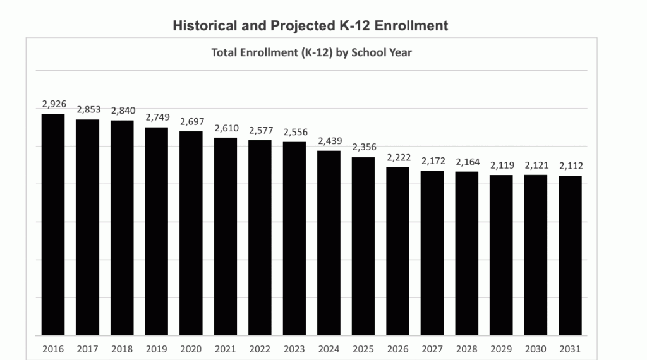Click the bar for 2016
point(53,224)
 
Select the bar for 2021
point(226,236)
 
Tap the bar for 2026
point(398,251)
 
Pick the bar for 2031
point(571,255)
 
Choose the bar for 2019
point(157,231)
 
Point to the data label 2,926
point(54,104)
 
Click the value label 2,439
point(330,141)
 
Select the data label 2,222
point(399,157)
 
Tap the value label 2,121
point(537,165)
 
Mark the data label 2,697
point(192,122)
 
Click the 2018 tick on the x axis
point(122,349)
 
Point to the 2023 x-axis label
point(294,349)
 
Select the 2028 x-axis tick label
point(467,349)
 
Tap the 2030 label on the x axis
point(536,349)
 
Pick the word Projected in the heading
point(303,26)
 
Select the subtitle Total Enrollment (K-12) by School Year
point(311,53)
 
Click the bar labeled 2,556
point(294,238)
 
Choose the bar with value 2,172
point(432,253)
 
